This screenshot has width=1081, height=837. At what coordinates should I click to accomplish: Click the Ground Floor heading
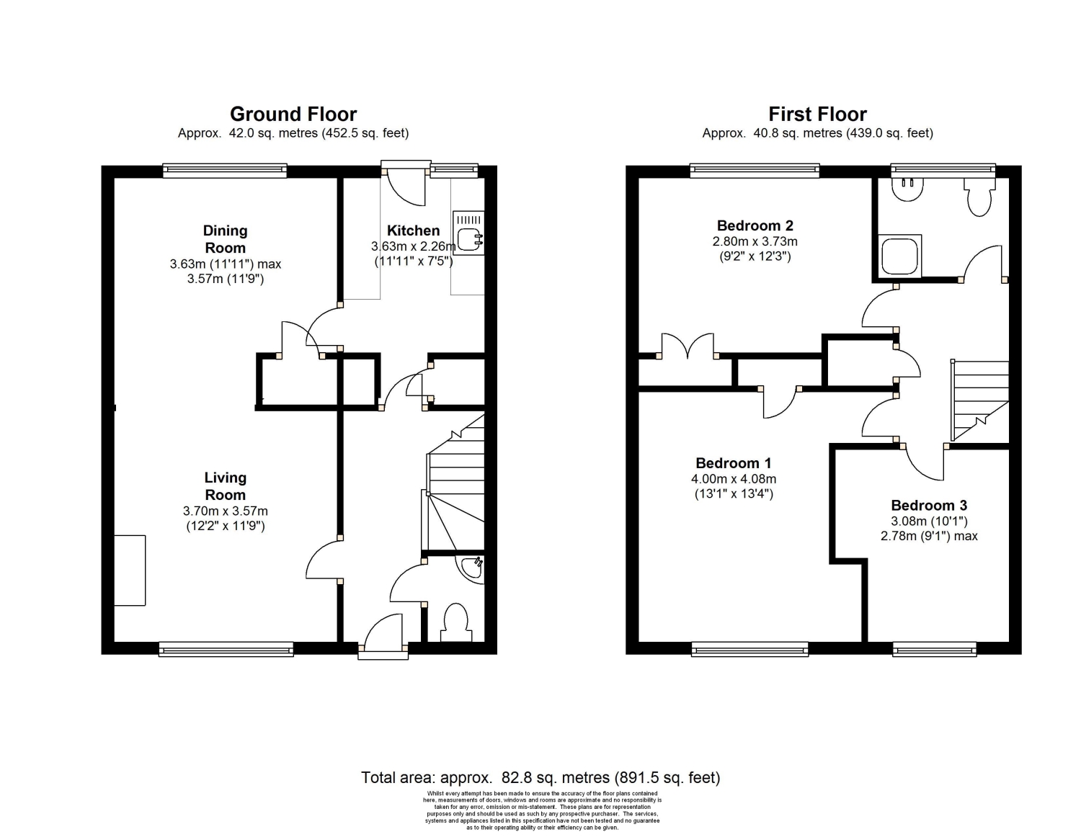tap(293, 115)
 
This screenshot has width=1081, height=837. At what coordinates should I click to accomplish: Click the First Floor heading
tap(817, 115)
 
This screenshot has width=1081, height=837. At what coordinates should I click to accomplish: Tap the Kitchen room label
tap(413, 230)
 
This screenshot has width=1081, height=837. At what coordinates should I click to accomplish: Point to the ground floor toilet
tap(455, 622)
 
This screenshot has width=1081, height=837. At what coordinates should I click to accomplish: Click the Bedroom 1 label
tap(733, 463)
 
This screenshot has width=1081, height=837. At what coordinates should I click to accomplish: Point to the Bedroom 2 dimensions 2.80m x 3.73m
tap(755, 241)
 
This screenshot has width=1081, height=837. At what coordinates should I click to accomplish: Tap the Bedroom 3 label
tap(929, 506)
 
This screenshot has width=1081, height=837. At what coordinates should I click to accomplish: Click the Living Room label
tap(226, 486)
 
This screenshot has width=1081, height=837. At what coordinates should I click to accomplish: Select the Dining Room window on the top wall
tap(225, 171)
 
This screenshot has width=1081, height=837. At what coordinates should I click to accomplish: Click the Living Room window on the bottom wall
tap(226, 649)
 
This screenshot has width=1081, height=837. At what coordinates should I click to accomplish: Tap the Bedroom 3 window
tap(934, 649)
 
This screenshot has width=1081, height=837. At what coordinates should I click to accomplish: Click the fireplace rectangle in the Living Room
tap(130, 570)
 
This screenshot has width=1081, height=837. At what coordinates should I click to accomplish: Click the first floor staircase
tap(979, 400)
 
